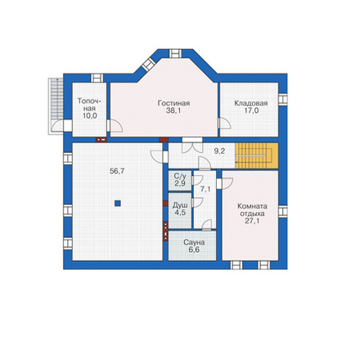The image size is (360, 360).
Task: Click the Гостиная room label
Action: (173, 103)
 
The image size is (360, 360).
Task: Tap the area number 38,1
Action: (173, 110)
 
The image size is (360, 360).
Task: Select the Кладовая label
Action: (251, 103)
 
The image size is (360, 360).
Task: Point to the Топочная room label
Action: (90, 105)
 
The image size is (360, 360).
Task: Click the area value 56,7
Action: (117, 171)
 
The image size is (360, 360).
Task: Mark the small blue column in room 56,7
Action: (118, 203)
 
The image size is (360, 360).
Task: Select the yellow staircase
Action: (257, 155)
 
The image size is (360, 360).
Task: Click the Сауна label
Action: (194, 242)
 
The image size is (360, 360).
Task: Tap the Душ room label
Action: (180, 205)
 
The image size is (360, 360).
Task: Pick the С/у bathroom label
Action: (180, 176)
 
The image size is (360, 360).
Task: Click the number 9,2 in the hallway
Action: (219, 151)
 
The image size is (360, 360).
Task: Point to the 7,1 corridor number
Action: (205, 189)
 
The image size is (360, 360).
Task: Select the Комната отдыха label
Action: (252, 209)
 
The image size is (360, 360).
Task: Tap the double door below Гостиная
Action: (192, 146)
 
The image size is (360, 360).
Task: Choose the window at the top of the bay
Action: (175, 53)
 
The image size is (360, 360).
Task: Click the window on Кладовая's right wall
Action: (283, 99)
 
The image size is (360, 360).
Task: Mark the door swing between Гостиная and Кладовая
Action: (225, 124)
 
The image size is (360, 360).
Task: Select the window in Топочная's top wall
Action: (97, 78)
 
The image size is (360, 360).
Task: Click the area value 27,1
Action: (252, 221)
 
